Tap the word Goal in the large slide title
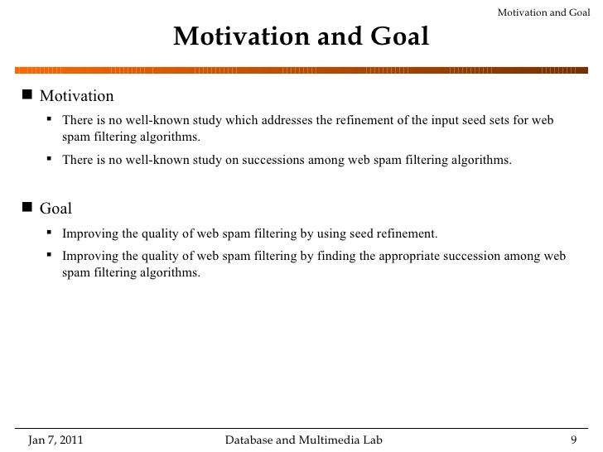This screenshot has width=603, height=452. (398, 36)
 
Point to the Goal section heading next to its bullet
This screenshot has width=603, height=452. (56, 209)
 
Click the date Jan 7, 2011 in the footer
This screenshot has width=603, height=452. (55, 439)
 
